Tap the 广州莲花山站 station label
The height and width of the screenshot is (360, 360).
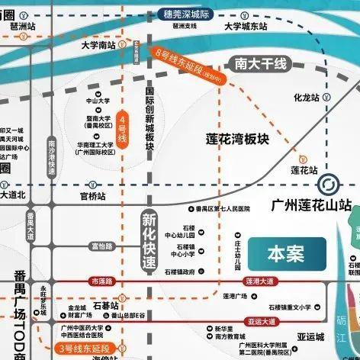pyautogui.click(x=313, y=205)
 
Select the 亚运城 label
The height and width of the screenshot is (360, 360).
pyautogui.click(x=310, y=336)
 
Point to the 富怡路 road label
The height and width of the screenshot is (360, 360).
pyautogui.click(x=101, y=246)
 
